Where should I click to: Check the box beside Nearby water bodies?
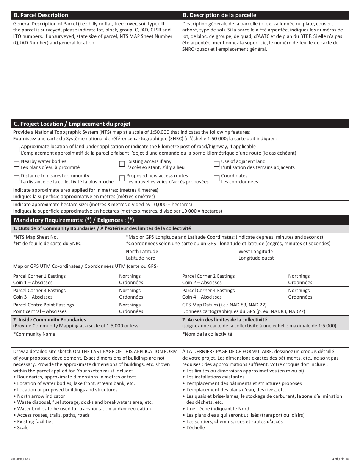[16, 164]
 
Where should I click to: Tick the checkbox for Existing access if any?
[122, 164]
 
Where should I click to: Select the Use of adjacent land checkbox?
[217, 164]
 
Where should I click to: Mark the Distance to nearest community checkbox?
[16, 178]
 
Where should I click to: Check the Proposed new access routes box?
[122, 178]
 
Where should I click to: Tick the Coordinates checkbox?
[217, 178]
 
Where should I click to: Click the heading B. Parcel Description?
[41, 15]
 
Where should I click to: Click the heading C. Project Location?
[72, 124]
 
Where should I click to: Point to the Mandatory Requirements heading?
[74, 220]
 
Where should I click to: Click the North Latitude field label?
[142, 252]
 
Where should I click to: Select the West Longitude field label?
[255, 252]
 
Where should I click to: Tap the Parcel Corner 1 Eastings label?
[39, 276]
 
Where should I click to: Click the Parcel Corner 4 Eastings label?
[208, 291]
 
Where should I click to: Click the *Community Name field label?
[34, 334]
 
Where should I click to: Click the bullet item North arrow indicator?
[41, 396]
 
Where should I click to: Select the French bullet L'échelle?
[195, 428]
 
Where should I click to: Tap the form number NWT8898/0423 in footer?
[20, 459]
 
